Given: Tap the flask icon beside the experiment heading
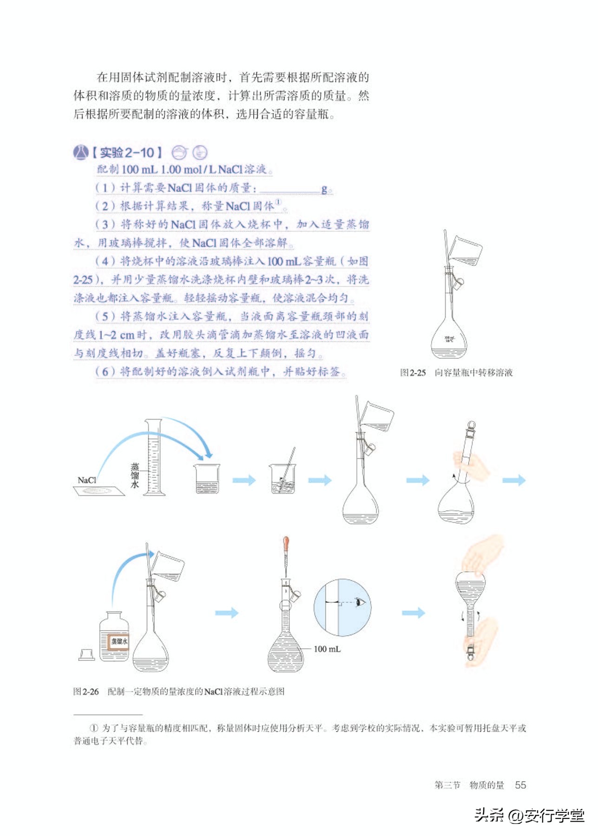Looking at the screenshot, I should tap(80, 152).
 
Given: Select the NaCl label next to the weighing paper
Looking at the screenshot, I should tap(86, 480).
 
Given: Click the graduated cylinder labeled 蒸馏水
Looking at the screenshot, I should tap(153, 458).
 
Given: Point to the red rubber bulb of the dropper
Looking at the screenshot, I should tap(286, 542).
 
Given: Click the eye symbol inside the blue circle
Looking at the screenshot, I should tap(360, 603).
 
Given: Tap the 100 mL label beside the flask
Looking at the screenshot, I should tap(327, 649).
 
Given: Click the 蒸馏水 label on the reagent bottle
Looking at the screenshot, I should tap(119, 641).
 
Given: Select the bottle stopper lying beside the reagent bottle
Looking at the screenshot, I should tap(87, 655).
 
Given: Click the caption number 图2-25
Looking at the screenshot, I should tap(413, 372).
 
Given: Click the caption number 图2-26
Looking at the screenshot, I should tap(86, 691).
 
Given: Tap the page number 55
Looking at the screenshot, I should tap(520, 785).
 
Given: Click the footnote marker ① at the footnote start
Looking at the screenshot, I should tap(94, 728).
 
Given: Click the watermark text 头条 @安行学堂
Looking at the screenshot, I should tap(529, 815).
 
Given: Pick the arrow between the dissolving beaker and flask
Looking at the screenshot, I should tap(320, 480).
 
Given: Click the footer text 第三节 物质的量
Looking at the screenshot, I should tap(469, 785).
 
